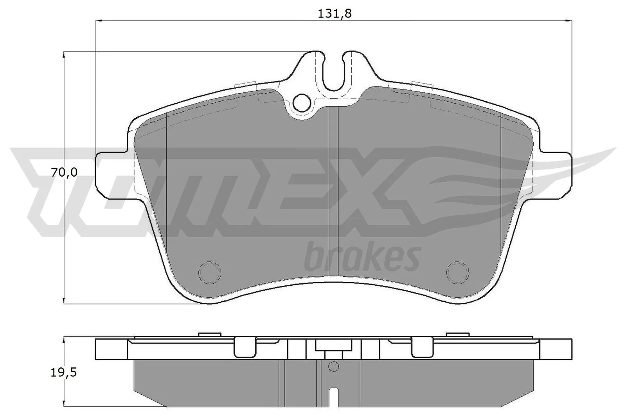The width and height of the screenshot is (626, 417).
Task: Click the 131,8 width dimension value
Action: [x=335, y=13]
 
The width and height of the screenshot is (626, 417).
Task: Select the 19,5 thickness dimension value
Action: [x=64, y=372]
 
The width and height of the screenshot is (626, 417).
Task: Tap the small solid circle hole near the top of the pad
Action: [x=300, y=102]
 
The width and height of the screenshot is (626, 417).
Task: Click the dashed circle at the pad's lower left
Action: [x=209, y=270]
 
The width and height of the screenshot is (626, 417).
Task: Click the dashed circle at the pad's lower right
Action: [x=458, y=270]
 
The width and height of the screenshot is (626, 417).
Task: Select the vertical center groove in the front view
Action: [x=333, y=191]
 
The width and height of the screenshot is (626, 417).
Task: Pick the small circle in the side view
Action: [x=333, y=366]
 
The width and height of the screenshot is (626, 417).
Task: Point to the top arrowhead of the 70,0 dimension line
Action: [x=63, y=55]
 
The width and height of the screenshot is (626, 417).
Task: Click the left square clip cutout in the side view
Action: [x=245, y=347]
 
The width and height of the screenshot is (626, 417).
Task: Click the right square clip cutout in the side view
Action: [x=422, y=347]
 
